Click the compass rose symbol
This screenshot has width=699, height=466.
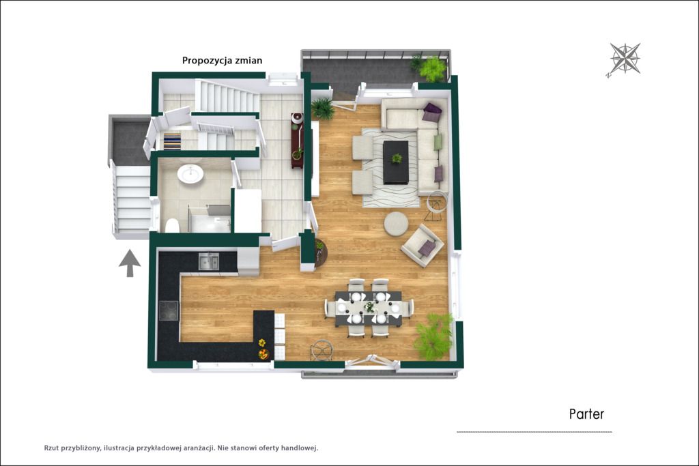[625, 59]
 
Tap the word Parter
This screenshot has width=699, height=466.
[586, 414]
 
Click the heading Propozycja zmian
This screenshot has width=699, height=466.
[222, 61]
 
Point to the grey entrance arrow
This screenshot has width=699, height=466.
[130, 263]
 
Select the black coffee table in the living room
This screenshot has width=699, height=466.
[395, 162]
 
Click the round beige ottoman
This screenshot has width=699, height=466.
[396, 224]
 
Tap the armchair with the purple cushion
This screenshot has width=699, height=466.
[422, 246]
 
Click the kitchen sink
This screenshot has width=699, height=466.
[209, 261]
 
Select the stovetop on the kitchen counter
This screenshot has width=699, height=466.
[169, 310]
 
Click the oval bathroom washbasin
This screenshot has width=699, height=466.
[190, 174]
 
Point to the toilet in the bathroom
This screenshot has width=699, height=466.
[172, 226]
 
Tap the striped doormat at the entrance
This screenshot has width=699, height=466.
[172, 141]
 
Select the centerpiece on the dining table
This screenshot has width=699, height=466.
[369, 307]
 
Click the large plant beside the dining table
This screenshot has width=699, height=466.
[433, 336]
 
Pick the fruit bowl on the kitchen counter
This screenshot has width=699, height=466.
[263, 354]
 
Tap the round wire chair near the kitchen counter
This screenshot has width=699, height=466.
[322, 350]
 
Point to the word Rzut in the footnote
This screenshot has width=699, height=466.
[51, 448]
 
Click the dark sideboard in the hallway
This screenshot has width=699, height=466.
[298, 141]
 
